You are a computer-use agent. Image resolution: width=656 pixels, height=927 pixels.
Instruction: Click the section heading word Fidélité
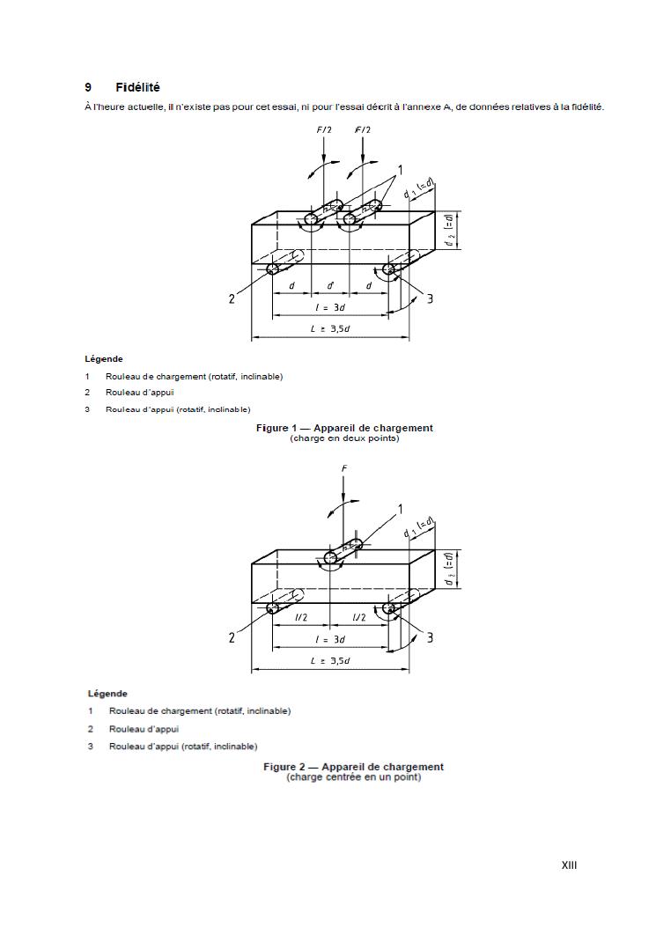tap(137, 87)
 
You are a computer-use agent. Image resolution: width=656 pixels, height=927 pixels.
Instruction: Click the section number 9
tap(88, 87)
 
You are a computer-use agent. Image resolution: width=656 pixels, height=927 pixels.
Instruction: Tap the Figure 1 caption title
tap(344, 428)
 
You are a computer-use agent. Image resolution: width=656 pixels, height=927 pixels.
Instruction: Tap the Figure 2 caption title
tap(353, 767)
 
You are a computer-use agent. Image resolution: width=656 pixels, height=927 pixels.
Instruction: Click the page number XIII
tap(569, 865)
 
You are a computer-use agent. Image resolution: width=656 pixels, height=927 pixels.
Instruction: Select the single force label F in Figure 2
tap(344, 468)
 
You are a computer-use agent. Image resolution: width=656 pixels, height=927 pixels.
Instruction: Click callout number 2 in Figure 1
tap(232, 298)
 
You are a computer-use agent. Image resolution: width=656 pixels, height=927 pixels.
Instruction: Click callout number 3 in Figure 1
tap(430, 298)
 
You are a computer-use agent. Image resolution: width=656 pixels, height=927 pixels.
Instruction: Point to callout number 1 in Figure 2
tap(400, 509)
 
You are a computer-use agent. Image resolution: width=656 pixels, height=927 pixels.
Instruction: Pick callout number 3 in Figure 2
tap(430, 637)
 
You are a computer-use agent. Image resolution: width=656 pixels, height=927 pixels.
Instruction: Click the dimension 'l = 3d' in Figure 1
tap(330, 307)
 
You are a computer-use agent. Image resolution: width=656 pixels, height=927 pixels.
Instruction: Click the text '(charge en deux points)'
tap(344, 438)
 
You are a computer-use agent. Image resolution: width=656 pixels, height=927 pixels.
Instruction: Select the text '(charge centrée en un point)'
tap(353, 777)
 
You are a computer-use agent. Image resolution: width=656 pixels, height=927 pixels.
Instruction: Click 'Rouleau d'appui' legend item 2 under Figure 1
tap(139, 393)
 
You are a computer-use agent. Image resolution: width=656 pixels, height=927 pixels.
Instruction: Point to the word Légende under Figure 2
tap(107, 694)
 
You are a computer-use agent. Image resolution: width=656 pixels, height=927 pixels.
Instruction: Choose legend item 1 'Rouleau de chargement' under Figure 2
tap(199, 710)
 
